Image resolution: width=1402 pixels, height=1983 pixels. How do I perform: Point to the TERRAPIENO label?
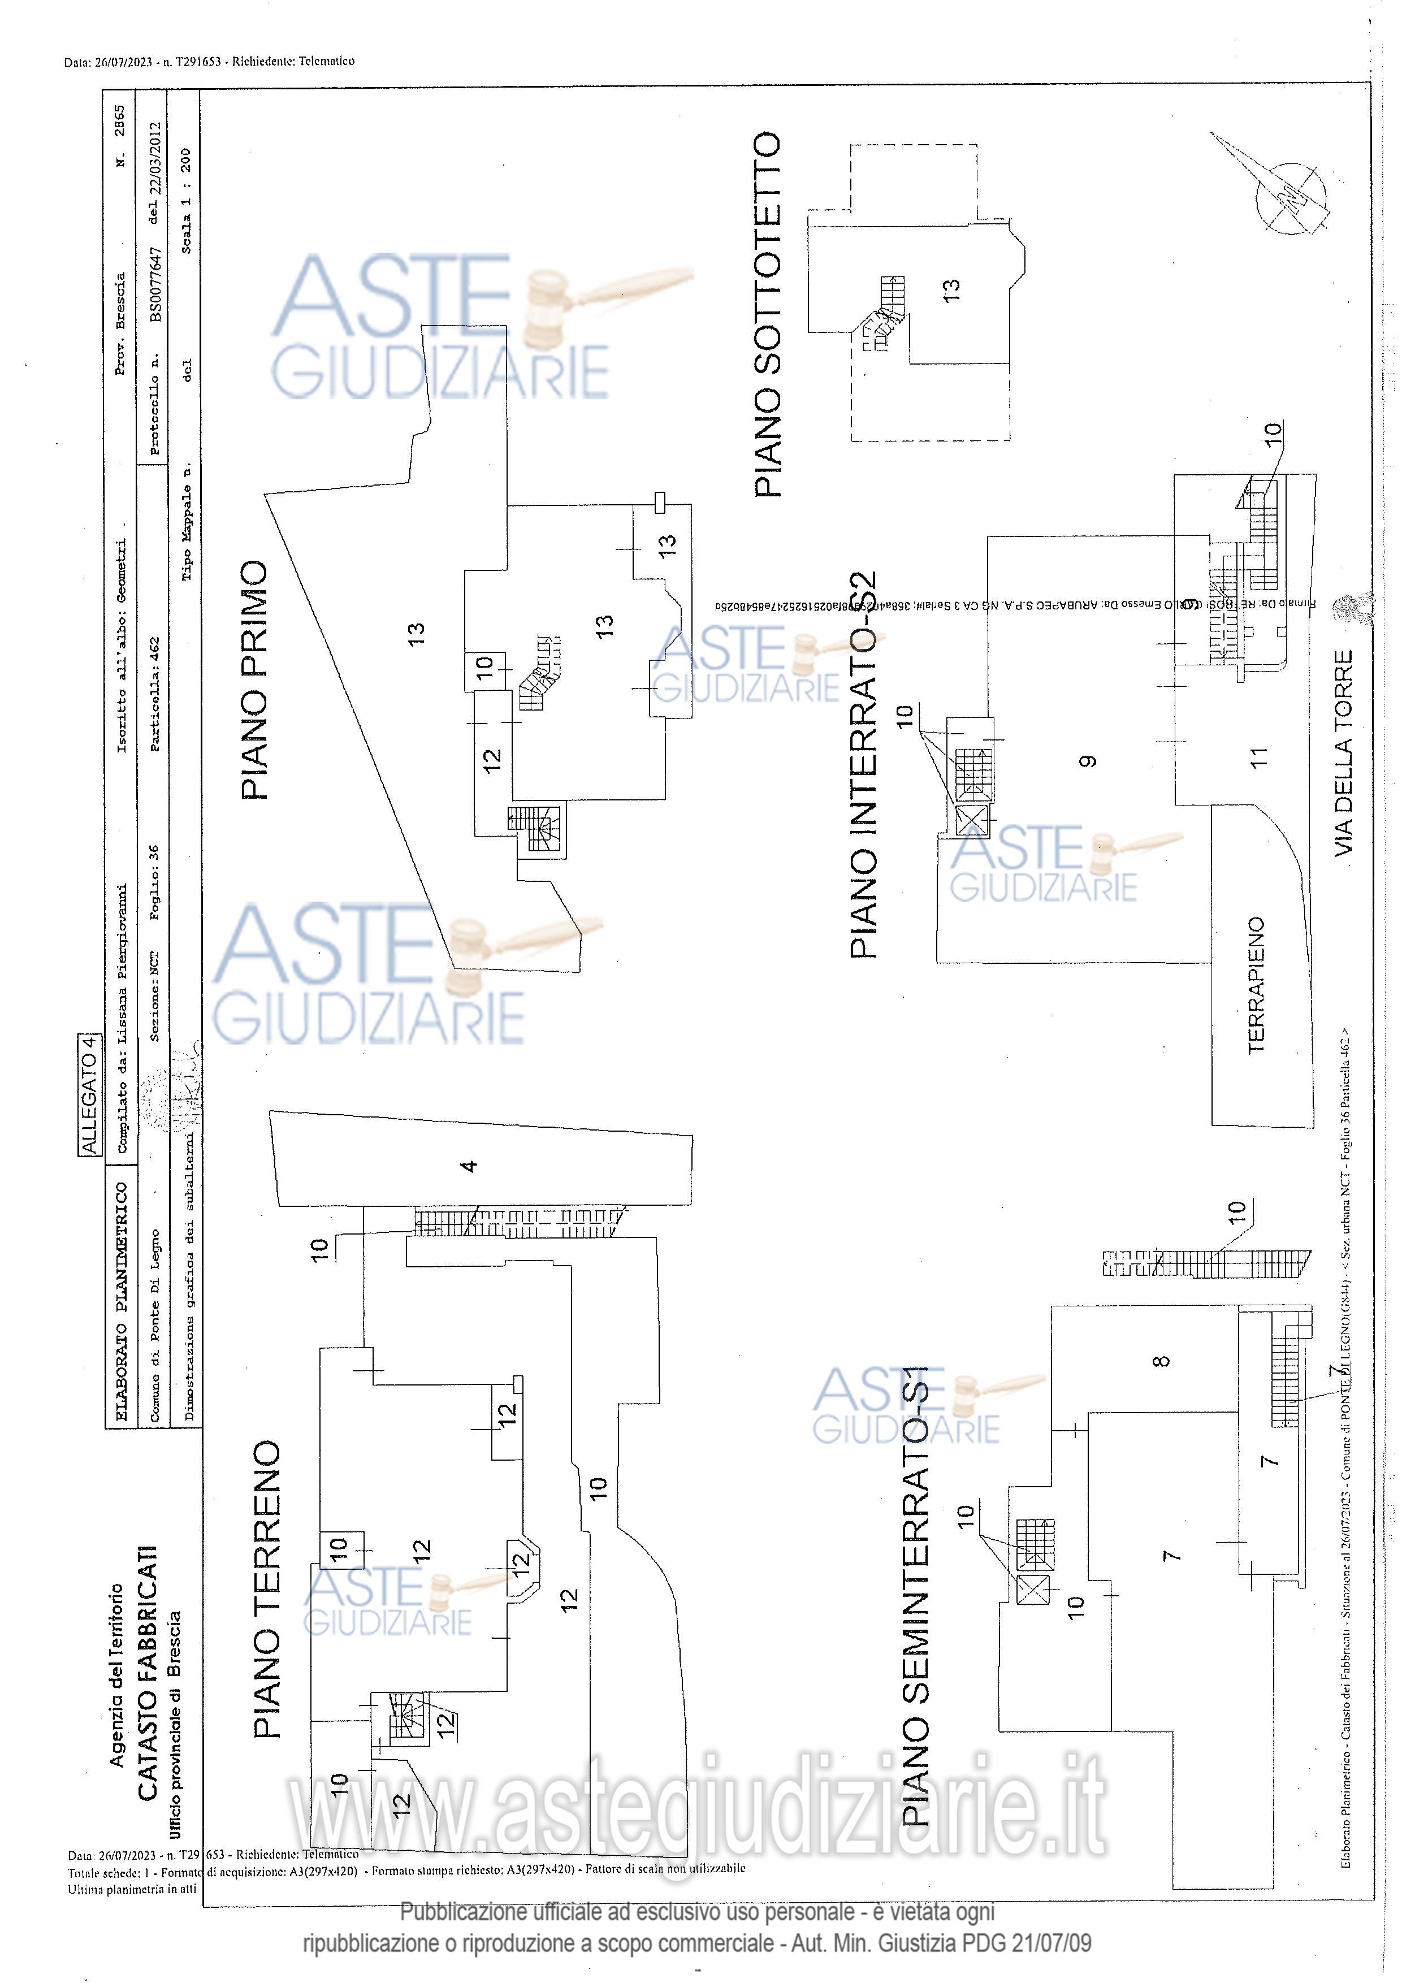click(x=1257, y=985)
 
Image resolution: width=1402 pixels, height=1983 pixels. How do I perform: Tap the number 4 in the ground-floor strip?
click(x=468, y=1166)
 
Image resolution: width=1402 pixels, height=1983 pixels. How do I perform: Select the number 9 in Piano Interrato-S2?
click(x=1088, y=761)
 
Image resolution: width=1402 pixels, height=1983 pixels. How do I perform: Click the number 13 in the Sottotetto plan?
click(x=950, y=287)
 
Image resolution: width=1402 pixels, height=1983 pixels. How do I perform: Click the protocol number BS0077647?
click(x=155, y=285)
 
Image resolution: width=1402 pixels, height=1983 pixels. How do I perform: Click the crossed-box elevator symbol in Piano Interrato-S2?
click(x=972, y=819)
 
